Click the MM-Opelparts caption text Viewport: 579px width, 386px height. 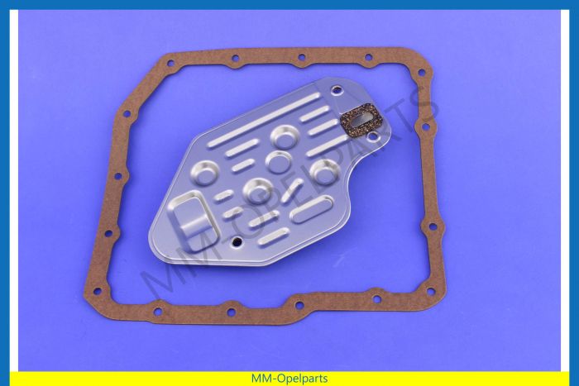pos(289,379)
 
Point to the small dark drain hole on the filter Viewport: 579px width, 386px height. pos(237,242)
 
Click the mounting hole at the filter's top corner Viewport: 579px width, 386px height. pos(337,89)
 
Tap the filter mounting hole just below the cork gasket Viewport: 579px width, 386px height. pos(373,137)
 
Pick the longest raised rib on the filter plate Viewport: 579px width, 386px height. pos(264,120)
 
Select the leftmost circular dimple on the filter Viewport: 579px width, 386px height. pos(205,173)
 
